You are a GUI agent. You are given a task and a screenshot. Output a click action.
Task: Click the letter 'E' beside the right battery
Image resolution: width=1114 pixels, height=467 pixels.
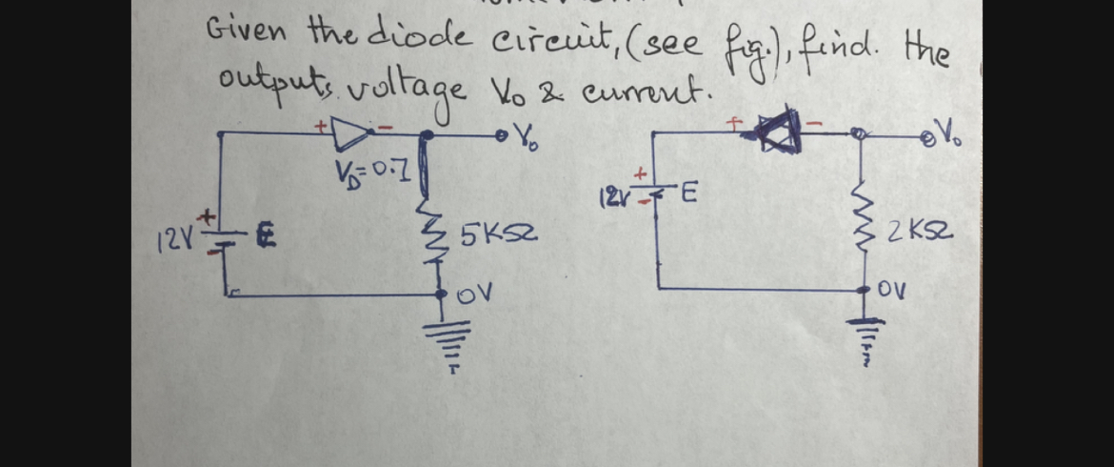(687, 197)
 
